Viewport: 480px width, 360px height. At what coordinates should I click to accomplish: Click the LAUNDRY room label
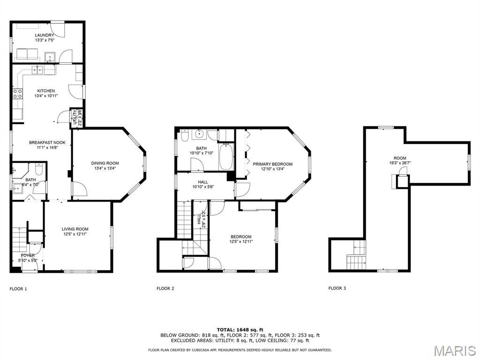pos(45,35)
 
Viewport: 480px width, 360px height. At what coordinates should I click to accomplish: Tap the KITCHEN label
pos(46,91)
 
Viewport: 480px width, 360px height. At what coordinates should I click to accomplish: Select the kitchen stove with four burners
pos(17,94)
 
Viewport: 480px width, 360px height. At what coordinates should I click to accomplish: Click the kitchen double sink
pos(38,70)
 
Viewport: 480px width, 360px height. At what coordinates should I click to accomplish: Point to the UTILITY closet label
pos(75,117)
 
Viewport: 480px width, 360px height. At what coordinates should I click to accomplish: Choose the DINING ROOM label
pos(105,163)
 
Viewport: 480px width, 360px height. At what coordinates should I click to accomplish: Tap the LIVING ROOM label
pos(75,229)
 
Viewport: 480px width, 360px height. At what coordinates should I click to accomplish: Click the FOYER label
pos(28,255)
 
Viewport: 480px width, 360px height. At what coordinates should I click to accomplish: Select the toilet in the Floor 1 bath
pos(39,169)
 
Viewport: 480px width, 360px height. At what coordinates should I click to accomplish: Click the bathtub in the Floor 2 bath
pos(226,157)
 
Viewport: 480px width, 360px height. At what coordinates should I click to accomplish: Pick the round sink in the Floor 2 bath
pos(200,134)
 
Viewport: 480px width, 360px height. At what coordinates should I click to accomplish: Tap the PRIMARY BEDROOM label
pos(272,164)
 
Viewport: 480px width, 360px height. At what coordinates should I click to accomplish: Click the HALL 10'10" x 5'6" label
pos(203,184)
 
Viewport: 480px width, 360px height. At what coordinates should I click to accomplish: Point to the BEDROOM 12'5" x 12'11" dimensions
pos(241,241)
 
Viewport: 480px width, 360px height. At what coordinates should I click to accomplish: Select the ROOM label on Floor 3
pos(400,158)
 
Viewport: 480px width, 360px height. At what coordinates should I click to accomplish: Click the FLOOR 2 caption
pos(165,288)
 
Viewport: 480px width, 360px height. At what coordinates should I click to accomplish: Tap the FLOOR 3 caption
pos(337,288)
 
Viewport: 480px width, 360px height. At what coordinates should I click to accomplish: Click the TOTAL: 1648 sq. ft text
pos(240,330)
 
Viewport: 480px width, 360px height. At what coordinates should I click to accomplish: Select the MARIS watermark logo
pos(455,351)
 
